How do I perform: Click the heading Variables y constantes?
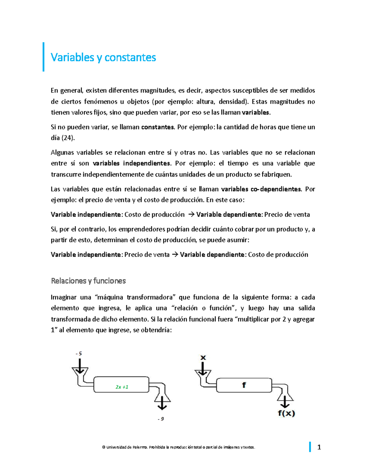[103, 57]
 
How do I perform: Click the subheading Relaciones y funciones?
[88, 281]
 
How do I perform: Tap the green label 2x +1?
[122, 387]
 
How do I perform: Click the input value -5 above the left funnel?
[79, 354]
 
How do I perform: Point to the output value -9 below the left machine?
[161, 419]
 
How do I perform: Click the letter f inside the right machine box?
[244, 385]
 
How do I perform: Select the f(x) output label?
[286, 414]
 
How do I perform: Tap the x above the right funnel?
[203, 357]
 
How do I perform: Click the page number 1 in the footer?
[319, 447]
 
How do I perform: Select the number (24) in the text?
[68, 138]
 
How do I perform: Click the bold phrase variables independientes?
[131, 163]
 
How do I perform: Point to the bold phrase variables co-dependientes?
[261, 189]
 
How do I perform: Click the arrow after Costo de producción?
[191, 215]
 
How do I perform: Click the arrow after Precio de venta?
[175, 255]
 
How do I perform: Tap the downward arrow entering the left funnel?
[80, 366]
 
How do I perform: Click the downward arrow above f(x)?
[285, 402]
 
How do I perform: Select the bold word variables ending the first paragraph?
[256, 113]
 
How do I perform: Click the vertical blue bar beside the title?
[44, 57]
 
